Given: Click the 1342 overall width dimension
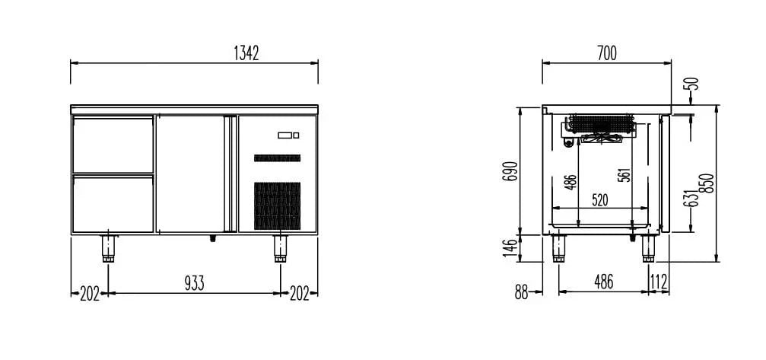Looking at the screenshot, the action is (246, 53).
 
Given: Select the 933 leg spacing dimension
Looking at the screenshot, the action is (194, 283).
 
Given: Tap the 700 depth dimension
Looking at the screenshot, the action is (607, 53).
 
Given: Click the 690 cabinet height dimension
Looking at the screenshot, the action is (510, 171).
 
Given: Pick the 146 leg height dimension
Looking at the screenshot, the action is (510, 248).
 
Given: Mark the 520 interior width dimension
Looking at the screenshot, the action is (600, 199).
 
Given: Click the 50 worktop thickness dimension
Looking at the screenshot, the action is (693, 84).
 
